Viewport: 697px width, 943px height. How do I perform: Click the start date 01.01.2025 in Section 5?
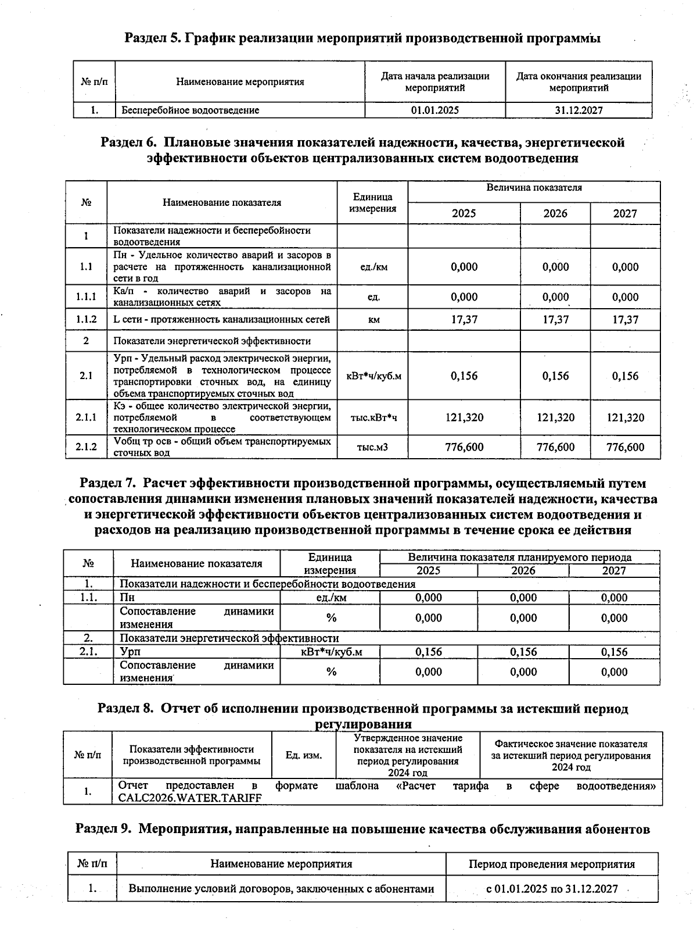click(x=434, y=110)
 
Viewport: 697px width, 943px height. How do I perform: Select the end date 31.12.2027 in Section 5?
click(x=578, y=110)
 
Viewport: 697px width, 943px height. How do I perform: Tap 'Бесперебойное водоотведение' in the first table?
click(x=191, y=110)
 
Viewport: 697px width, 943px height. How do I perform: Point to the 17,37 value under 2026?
click(x=555, y=319)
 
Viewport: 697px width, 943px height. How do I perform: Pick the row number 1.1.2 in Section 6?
click(x=86, y=319)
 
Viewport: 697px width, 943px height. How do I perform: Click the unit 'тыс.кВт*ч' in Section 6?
click(x=373, y=417)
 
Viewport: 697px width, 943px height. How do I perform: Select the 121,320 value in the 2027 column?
click(x=625, y=417)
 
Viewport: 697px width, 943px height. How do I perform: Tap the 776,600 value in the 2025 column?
click(x=464, y=447)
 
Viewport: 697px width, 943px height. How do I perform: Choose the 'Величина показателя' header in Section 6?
click(x=534, y=188)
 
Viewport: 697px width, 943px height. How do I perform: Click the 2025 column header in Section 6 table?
click(x=464, y=213)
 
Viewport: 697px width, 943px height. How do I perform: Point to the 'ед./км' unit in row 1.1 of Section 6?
click(x=373, y=267)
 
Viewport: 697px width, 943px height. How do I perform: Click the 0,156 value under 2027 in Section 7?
click(x=614, y=652)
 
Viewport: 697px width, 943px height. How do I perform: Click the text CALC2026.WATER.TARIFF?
click(x=190, y=798)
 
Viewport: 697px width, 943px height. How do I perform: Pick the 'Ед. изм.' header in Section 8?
click(x=303, y=755)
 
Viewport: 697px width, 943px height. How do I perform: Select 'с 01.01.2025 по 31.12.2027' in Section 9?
click(x=551, y=889)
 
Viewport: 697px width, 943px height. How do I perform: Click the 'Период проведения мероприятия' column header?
click(x=551, y=865)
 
